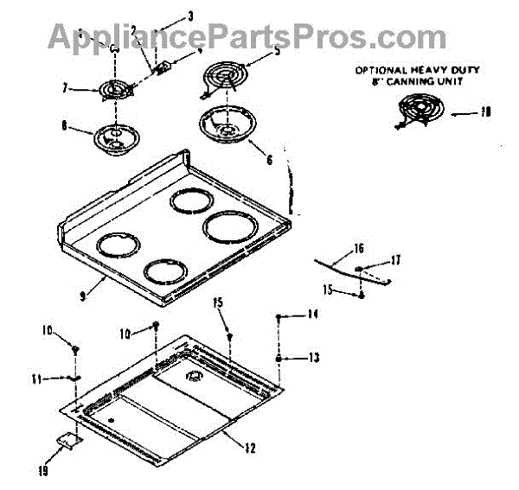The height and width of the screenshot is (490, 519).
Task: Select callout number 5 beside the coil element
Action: (x=277, y=51)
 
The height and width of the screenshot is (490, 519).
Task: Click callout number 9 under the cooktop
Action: (x=80, y=296)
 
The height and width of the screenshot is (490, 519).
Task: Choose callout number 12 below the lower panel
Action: (x=250, y=447)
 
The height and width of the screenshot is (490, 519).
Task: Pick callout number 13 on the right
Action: (x=313, y=358)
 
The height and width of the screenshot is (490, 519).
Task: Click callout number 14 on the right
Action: (x=313, y=316)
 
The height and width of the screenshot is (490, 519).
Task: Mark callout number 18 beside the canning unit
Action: (x=486, y=111)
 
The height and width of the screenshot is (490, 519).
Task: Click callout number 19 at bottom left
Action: (x=42, y=471)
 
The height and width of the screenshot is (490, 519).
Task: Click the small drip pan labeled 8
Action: (x=110, y=137)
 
